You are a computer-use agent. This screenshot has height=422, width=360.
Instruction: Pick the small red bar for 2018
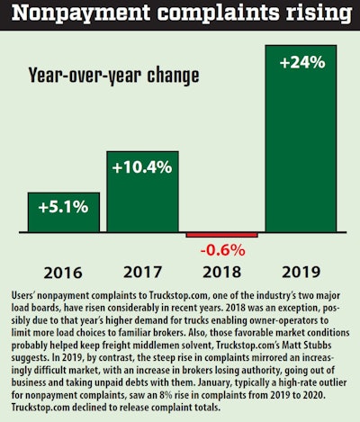point(221,235)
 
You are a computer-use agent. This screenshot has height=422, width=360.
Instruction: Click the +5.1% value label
point(63,207)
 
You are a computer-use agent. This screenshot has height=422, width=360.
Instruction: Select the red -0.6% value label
point(221,250)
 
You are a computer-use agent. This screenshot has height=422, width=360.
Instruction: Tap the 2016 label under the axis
point(63,270)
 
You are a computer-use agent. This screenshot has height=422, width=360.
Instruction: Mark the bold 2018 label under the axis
point(221,270)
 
